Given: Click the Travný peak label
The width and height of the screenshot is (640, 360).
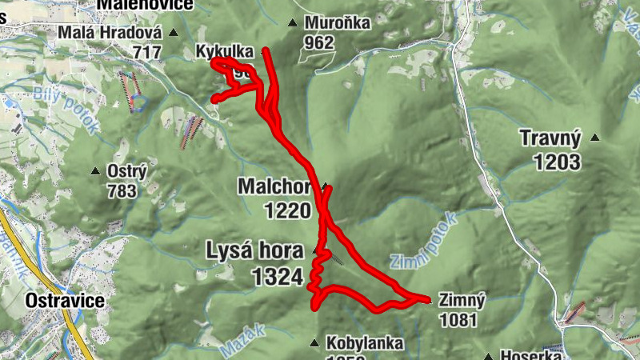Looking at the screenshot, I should click(550, 138).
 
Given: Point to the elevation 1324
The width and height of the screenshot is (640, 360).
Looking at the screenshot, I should click(277, 277).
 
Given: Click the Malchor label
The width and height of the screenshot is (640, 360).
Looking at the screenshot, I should click(274, 186).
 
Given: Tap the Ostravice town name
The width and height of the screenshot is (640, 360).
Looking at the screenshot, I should click(65, 301).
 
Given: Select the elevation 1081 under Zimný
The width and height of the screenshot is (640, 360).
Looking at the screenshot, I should click(458, 320).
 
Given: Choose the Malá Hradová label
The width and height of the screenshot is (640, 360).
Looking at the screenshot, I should click(110, 34).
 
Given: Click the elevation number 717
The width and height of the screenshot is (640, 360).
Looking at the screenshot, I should click(148, 53).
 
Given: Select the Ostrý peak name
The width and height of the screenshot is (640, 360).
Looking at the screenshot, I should click(125, 170).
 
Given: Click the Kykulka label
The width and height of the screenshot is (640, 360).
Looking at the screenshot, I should click(224, 52).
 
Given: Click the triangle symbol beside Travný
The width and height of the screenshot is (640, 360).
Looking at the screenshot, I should click(594, 138).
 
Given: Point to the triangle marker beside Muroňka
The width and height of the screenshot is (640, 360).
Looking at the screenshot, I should click(293, 23).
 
